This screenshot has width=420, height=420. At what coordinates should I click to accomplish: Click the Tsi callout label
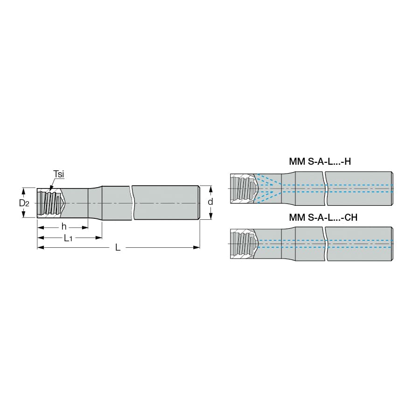59,174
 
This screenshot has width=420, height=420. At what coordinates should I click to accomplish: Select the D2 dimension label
24,203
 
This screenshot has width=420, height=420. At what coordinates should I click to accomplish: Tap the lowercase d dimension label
210,202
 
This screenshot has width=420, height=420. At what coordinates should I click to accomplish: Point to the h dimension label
64,227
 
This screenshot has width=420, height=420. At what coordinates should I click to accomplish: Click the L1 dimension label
68,238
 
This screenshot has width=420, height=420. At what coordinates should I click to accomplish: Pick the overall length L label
118,247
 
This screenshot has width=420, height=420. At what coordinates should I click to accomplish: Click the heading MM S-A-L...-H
320,161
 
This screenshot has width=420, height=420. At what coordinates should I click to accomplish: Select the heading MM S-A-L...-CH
323,217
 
